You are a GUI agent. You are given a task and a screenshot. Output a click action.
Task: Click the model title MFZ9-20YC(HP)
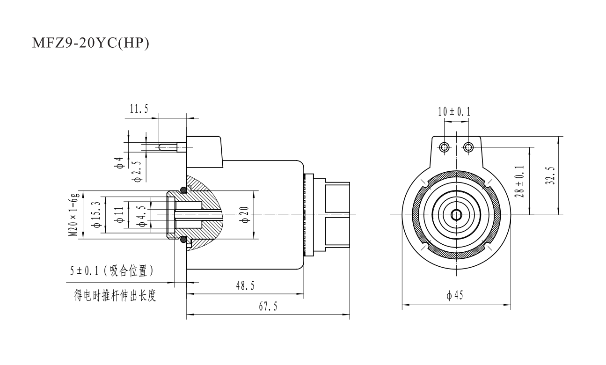click(90, 44)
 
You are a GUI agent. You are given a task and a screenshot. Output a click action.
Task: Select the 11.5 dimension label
click(139, 109)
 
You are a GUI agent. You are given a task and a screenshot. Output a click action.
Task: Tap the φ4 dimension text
click(120, 164)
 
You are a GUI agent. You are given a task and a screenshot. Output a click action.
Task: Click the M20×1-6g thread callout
click(73, 214)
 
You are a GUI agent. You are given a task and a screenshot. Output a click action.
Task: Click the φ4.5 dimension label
click(142, 214)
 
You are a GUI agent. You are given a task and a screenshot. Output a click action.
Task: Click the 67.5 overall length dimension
click(268, 307)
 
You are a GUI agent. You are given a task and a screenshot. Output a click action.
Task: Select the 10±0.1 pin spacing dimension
click(454, 111)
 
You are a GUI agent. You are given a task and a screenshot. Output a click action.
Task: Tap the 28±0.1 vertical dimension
click(520, 181)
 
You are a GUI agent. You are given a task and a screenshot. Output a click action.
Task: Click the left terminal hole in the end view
click(444, 148)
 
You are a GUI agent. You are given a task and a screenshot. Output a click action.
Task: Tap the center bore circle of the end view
click(456, 215)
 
